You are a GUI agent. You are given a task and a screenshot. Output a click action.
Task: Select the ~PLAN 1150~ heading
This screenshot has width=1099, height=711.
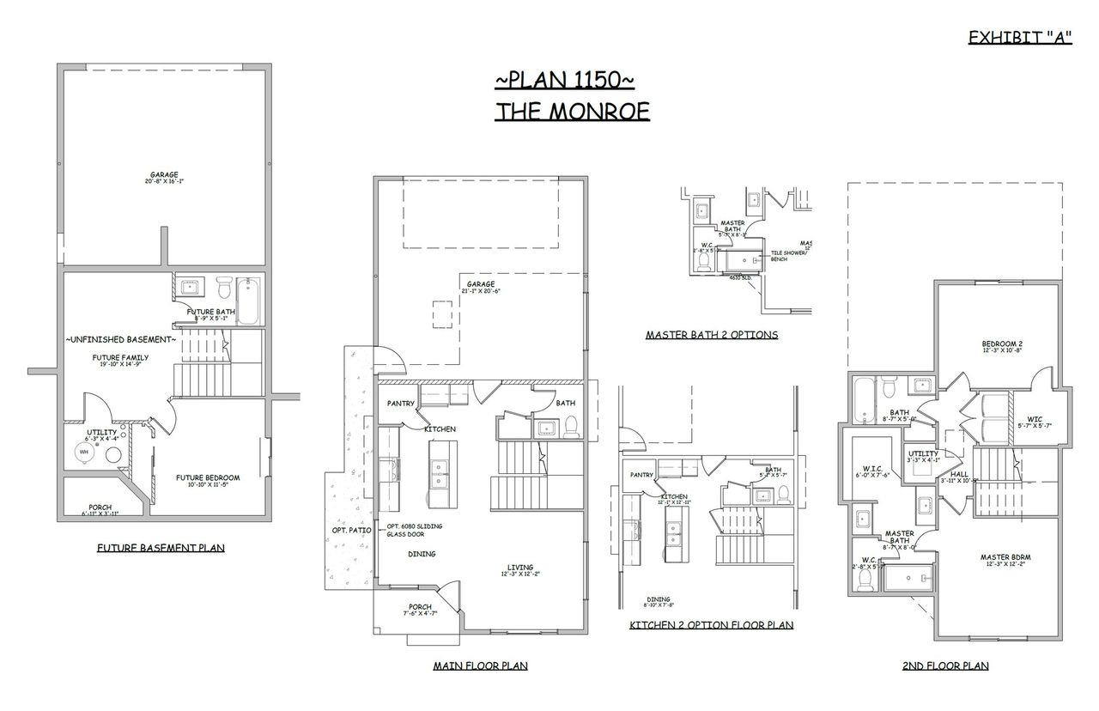564,80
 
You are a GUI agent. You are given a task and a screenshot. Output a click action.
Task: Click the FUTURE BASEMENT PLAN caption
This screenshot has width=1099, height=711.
161,547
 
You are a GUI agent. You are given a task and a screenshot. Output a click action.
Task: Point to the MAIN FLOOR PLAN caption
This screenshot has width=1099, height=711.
480,665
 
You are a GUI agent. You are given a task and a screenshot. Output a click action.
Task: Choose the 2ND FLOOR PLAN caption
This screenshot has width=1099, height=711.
945,665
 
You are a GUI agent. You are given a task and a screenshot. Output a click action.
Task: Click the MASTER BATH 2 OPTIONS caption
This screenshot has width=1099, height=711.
712,335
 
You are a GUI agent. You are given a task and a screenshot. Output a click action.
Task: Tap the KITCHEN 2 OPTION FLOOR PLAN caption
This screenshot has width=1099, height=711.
711,625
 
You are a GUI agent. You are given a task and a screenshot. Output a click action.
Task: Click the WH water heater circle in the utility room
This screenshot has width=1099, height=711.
84,452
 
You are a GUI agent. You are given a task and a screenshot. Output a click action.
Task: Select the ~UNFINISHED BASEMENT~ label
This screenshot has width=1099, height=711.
120,340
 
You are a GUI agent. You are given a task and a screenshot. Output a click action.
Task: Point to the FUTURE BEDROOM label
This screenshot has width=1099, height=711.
208,478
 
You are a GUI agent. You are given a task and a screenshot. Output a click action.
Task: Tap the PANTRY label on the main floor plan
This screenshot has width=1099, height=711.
401,403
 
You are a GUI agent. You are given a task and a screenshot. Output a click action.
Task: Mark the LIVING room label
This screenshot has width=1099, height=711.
519,568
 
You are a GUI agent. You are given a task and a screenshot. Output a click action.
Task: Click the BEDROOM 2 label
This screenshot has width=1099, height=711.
1002,345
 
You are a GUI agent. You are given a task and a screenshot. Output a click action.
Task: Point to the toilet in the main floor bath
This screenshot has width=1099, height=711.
570,424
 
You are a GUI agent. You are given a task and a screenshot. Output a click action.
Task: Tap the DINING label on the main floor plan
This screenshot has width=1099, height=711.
422,554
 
